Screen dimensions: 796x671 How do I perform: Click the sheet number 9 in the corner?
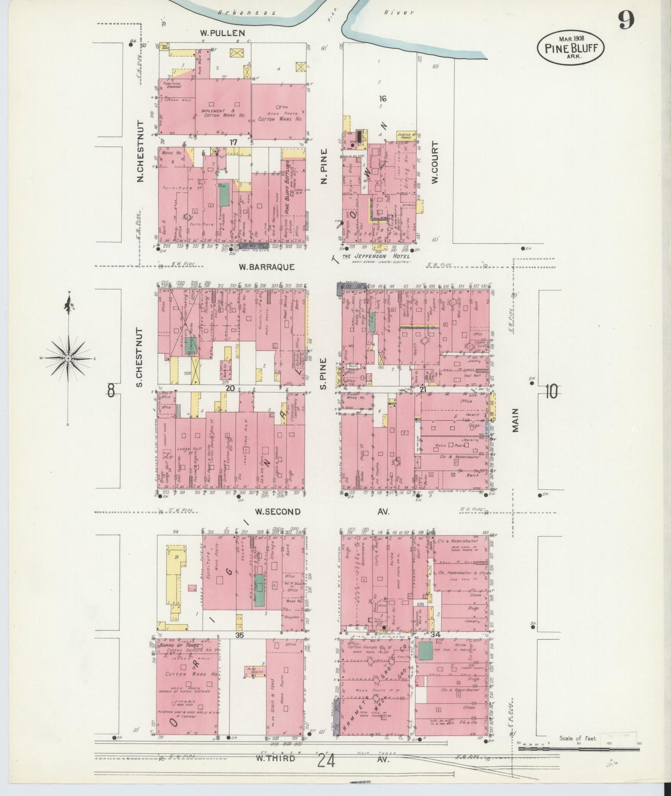pos(625,20)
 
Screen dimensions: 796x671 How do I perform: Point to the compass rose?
pos(68,358)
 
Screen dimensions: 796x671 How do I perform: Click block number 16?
pos(382,98)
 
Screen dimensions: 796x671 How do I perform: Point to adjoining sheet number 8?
pos(111,391)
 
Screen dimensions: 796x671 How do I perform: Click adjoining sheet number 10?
pos(551,393)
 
